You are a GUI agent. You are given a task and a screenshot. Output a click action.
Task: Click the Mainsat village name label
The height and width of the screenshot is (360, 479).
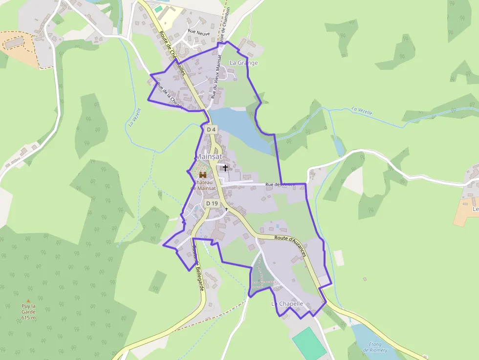click(x=209, y=156)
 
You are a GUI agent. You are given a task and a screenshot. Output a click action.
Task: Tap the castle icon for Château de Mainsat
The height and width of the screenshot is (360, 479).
click(x=202, y=174)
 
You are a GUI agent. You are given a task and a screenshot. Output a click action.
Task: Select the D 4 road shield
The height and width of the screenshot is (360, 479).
click(x=211, y=129)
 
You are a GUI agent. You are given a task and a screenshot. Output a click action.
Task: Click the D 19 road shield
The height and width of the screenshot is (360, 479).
click(x=212, y=203)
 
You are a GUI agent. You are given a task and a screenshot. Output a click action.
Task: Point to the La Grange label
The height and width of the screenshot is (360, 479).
click(x=243, y=63)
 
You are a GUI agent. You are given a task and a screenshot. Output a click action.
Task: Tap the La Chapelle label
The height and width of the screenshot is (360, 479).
click(x=287, y=304)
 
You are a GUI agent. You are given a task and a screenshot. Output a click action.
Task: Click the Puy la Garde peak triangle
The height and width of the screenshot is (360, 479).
click(x=28, y=301)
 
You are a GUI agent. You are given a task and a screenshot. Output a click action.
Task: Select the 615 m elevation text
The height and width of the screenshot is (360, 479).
click(x=28, y=318)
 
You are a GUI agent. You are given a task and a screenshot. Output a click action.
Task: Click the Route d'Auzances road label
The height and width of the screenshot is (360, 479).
click(x=290, y=245)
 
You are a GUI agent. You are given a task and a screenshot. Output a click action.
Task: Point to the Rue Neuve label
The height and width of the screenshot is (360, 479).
click(x=198, y=32)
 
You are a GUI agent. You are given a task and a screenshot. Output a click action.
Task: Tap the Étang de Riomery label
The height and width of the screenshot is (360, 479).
click(x=375, y=347)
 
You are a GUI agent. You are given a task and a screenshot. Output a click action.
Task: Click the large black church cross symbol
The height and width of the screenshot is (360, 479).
click(x=225, y=168)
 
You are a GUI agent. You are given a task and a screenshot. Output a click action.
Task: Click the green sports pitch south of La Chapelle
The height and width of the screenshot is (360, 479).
click(x=309, y=343)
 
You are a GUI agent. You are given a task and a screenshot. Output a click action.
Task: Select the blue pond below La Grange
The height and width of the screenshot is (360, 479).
click(x=240, y=127)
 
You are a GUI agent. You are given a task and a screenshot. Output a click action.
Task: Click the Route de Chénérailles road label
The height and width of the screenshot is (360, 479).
click(x=172, y=53)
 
